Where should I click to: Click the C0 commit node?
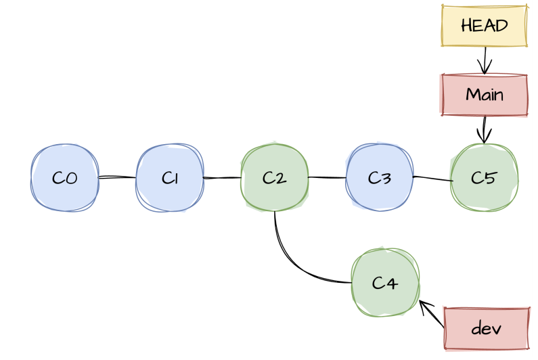click(65, 178)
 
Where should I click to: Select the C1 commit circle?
click(170, 178)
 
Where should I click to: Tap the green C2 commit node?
click(274, 178)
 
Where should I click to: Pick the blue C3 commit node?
click(380, 178)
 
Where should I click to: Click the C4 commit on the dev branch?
click(385, 282)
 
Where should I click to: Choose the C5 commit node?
click(484, 178)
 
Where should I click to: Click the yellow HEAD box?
click(484, 26)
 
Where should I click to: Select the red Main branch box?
click(484, 95)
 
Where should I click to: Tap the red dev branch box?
click(486, 329)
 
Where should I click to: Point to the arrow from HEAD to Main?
click(484, 60)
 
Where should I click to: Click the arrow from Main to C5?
click(484, 129)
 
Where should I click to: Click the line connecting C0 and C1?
click(117, 178)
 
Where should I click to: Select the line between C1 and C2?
click(222, 178)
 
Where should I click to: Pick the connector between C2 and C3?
click(327, 178)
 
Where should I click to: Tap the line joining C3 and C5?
click(432, 179)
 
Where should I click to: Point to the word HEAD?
click(484, 26)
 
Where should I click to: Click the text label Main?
click(484, 95)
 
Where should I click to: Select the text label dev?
click(486, 329)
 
